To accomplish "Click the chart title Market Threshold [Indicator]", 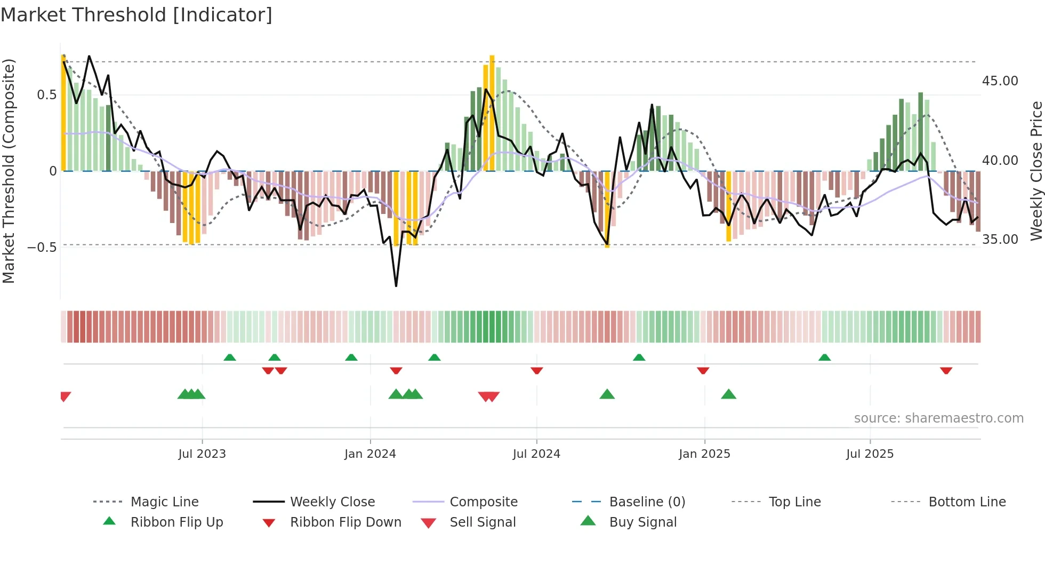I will tap(136, 15).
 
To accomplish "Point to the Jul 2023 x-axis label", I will tap(202, 454).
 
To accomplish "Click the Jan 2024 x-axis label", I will tap(370, 454).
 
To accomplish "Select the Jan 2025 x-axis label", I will tap(704, 454).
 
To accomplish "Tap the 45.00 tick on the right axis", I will tap(1000, 81).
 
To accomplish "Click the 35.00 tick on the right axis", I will tap(1000, 240).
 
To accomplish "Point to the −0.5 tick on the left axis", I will tap(42, 247).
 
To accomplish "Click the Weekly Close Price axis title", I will tap(1036, 171).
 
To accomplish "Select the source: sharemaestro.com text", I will tap(938, 418).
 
